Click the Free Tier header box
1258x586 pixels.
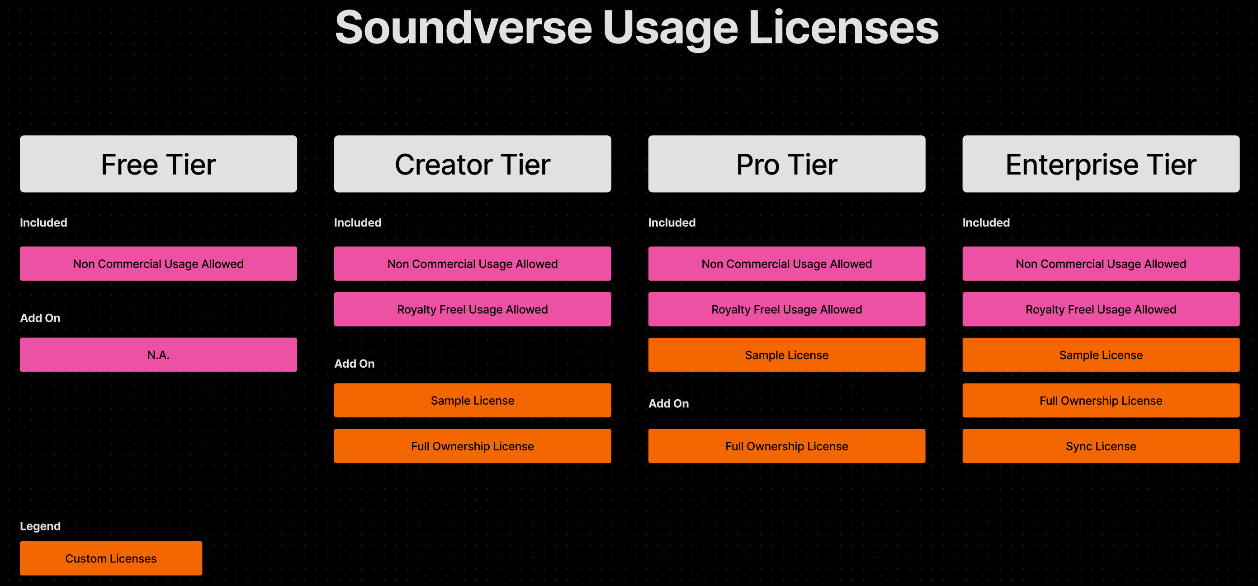pyautogui.click(x=158, y=164)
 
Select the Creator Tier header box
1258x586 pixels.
pyautogui.click(x=472, y=164)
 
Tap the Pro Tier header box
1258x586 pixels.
pyautogui.click(x=787, y=164)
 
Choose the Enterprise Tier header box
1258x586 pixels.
pyautogui.click(x=1101, y=164)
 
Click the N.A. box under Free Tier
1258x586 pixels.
pyautogui.click(x=158, y=354)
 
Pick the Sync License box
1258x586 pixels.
pyautogui.click(x=1101, y=446)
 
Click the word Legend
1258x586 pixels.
pyautogui.click(x=40, y=526)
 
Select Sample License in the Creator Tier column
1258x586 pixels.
pyautogui.click(x=472, y=401)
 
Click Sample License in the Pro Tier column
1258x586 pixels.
pyautogui.click(x=787, y=354)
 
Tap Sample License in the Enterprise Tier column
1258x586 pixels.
pyautogui.click(x=1101, y=354)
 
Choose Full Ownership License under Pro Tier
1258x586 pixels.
pyautogui.click(x=787, y=446)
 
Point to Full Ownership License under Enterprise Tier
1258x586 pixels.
pyautogui.click(x=1101, y=401)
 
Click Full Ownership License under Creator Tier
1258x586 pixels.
pyautogui.click(x=472, y=446)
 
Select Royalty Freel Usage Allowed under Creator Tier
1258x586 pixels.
pyautogui.click(x=472, y=309)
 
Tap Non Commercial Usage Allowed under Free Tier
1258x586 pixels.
pyautogui.click(x=158, y=264)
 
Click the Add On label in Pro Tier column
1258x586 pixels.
pyautogui.click(x=668, y=403)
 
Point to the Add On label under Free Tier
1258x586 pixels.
pyautogui.click(x=40, y=318)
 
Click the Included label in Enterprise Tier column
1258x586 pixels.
pyautogui.click(x=986, y=222)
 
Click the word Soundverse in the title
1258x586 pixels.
pyautogui.click(x=463, y=28)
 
